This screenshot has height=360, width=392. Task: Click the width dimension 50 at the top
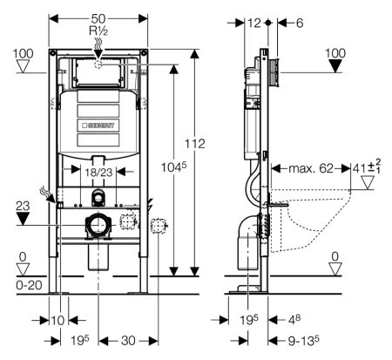[98, 17]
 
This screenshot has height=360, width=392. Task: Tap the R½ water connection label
[98, 31]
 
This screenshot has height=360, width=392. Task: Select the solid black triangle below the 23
[24, 219]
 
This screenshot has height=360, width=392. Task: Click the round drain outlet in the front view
[98, 228]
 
